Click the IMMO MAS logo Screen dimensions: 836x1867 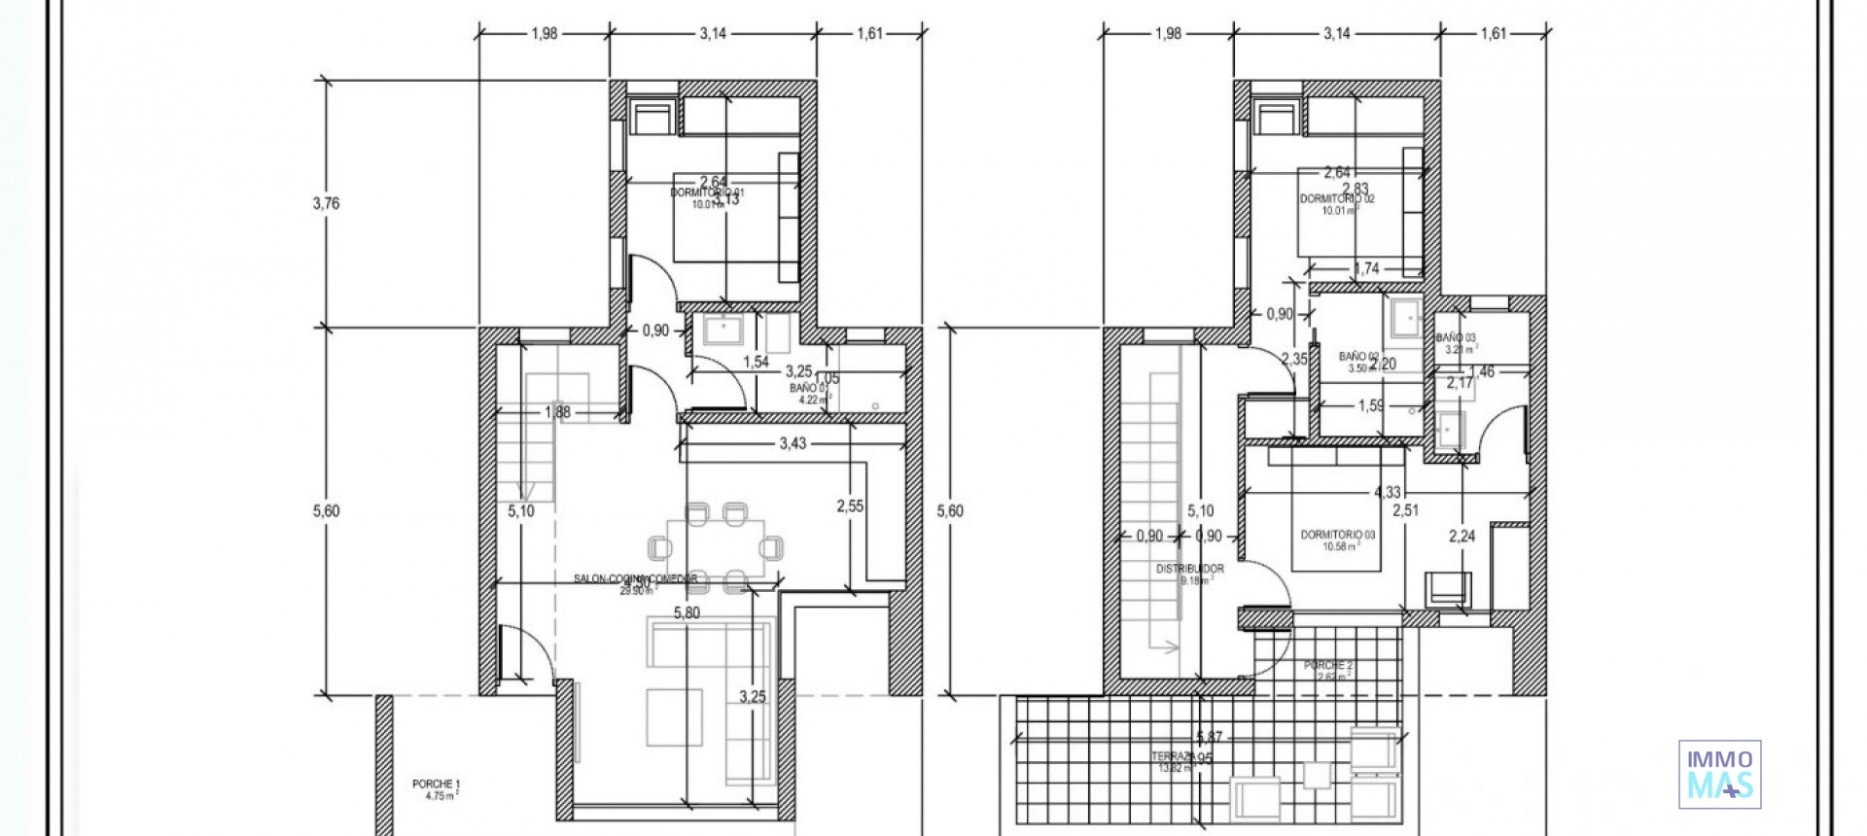1719,774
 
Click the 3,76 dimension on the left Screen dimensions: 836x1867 326,203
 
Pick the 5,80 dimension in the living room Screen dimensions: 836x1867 687,613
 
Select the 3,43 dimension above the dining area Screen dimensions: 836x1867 793,444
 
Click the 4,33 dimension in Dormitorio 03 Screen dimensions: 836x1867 1387,493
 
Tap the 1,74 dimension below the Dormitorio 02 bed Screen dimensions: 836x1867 1366,269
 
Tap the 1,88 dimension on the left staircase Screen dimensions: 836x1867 557,412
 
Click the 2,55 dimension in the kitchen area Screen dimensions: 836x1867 850,505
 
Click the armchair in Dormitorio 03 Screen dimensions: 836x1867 1448,587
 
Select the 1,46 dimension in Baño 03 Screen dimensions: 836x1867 1481,371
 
